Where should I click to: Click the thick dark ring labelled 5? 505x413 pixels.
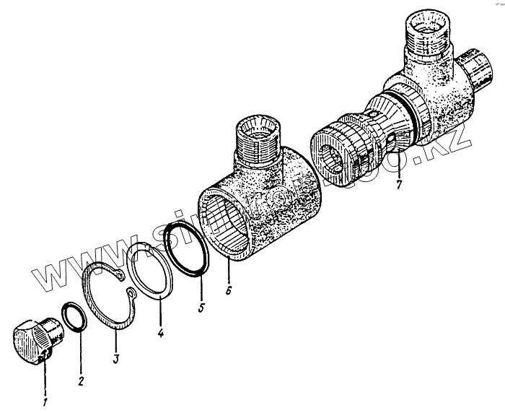coord(188,247)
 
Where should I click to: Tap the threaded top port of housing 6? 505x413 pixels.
coord(257,137)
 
